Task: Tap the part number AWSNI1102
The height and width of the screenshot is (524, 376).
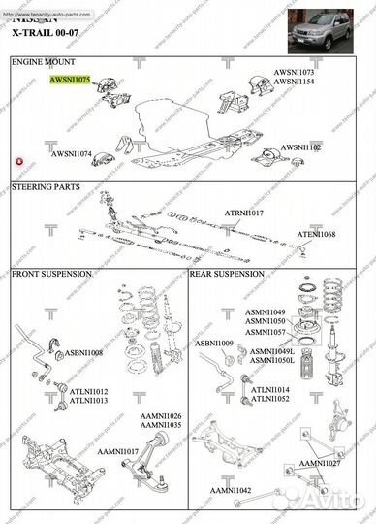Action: click(x=301, y=147)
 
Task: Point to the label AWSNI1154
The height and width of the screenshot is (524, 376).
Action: click(x=293, y=82)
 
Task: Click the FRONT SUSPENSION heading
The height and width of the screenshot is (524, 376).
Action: click(x=51, y=275)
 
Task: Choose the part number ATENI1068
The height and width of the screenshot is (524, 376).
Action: click(x=316, y=234)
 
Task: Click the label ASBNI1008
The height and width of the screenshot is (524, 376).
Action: click(x=83, y=352)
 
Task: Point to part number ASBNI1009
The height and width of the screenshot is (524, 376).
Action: click(x=213, y=344)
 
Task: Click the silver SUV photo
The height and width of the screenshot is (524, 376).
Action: click(x=329, y=27)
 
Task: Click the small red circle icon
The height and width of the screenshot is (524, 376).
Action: click(x=18, y=160)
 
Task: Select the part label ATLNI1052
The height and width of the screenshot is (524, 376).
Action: click(x=271, y=399)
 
